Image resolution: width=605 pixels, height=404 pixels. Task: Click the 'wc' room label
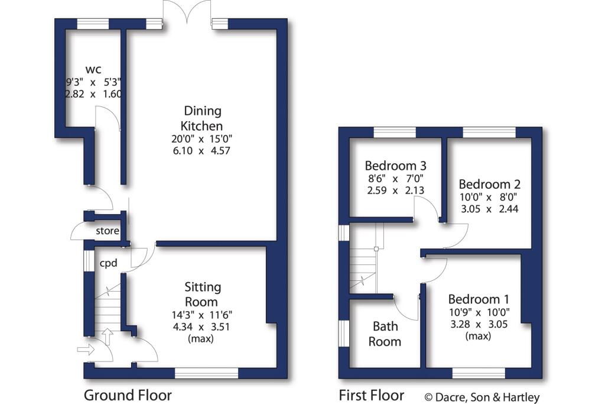click(93, 70)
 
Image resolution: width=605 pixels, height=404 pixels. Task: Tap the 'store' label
click(108, 231)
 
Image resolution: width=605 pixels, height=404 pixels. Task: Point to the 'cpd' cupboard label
click(109, 263)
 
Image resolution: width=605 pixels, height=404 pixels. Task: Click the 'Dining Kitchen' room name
click(202, 118)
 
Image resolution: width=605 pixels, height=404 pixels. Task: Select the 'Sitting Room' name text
click(202, 294)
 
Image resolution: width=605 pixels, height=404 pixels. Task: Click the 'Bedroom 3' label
click(395, 166)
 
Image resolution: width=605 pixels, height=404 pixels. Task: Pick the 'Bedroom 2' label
click(489, 184)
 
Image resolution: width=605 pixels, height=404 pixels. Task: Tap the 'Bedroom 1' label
click(479, 299)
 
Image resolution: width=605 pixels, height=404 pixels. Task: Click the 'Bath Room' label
click(385, 334)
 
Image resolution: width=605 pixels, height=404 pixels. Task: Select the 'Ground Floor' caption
click(128, 395)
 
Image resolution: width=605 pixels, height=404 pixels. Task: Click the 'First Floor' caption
click(372, 395)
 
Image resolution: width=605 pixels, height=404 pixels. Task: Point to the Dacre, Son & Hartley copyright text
click(482, 397)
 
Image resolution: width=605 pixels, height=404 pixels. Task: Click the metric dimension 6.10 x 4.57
click(201, 151)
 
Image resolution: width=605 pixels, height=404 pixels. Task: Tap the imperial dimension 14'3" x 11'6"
click(202, 315)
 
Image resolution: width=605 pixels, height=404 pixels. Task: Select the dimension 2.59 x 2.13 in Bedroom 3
click(395, 190)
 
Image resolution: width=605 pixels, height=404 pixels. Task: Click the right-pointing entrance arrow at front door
click(86, 350)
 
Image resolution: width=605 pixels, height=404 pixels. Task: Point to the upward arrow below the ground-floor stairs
click(108, 337)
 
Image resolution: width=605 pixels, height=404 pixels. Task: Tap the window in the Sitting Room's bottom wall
click(206, 373)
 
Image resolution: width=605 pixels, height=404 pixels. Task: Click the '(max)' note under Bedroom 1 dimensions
click(478, 336)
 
